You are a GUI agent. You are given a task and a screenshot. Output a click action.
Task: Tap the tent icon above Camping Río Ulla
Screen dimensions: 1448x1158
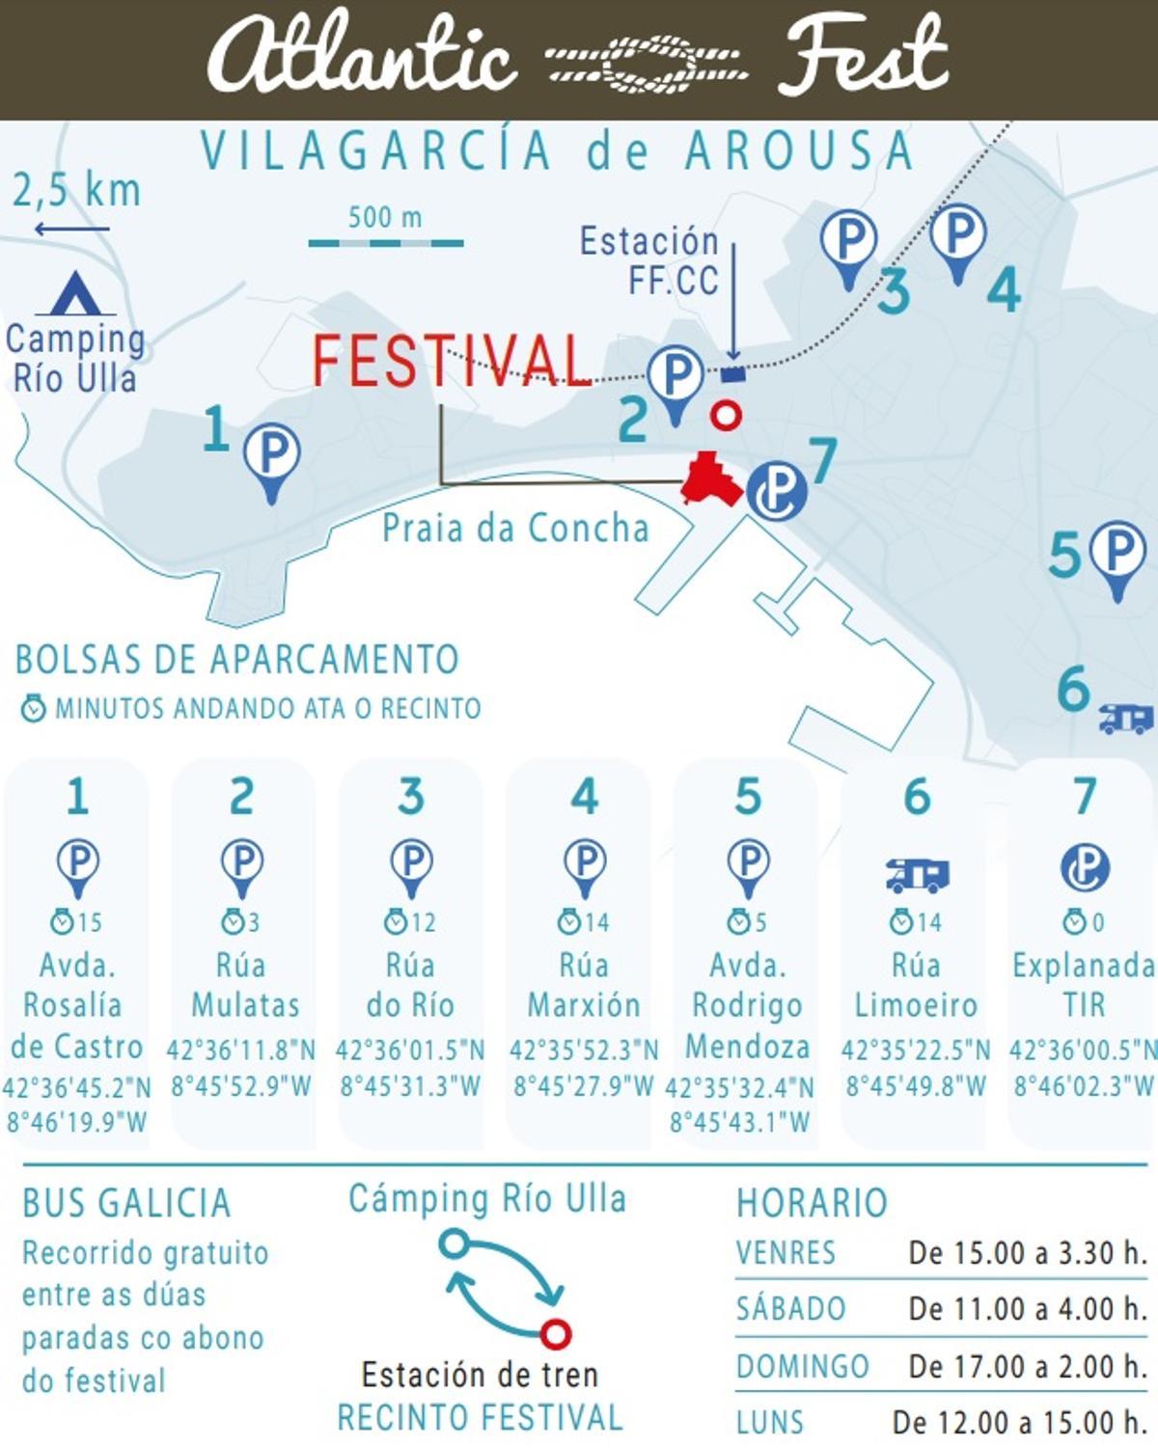[75, 295]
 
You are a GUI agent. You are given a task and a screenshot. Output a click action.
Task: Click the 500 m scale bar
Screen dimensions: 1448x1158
[386, 243]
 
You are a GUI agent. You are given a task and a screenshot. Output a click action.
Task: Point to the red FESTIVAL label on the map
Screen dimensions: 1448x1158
[452, 360]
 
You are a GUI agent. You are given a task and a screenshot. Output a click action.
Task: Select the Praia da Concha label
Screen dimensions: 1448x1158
[515, 529]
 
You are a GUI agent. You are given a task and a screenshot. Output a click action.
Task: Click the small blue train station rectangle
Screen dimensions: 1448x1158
[733, 374]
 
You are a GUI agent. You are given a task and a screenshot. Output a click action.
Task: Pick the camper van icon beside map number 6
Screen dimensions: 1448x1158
[1126, 718]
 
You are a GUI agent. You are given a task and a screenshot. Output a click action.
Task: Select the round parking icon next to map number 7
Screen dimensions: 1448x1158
[777, 491]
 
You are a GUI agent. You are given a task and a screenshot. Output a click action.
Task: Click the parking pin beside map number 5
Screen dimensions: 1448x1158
[1117, 557]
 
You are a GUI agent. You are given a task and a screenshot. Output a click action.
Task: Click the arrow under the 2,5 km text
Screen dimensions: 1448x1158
[72, 230]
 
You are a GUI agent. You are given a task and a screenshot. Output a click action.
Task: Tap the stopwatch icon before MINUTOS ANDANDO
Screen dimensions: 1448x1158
[34, 709]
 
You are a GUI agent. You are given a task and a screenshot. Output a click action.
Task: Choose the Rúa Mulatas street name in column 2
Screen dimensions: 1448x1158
[243, 985]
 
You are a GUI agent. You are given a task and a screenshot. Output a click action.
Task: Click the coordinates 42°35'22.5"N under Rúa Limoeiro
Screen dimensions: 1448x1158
[915, 1050]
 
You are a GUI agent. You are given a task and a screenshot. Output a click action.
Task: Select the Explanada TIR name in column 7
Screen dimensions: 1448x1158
[1084, 985]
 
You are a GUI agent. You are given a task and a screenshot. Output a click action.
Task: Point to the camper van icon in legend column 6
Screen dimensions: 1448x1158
[917, 875]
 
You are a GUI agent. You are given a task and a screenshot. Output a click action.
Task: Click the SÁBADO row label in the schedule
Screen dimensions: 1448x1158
[791, 1309]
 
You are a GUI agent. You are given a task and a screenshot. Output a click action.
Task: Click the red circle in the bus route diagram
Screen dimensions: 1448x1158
[555, 1334]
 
